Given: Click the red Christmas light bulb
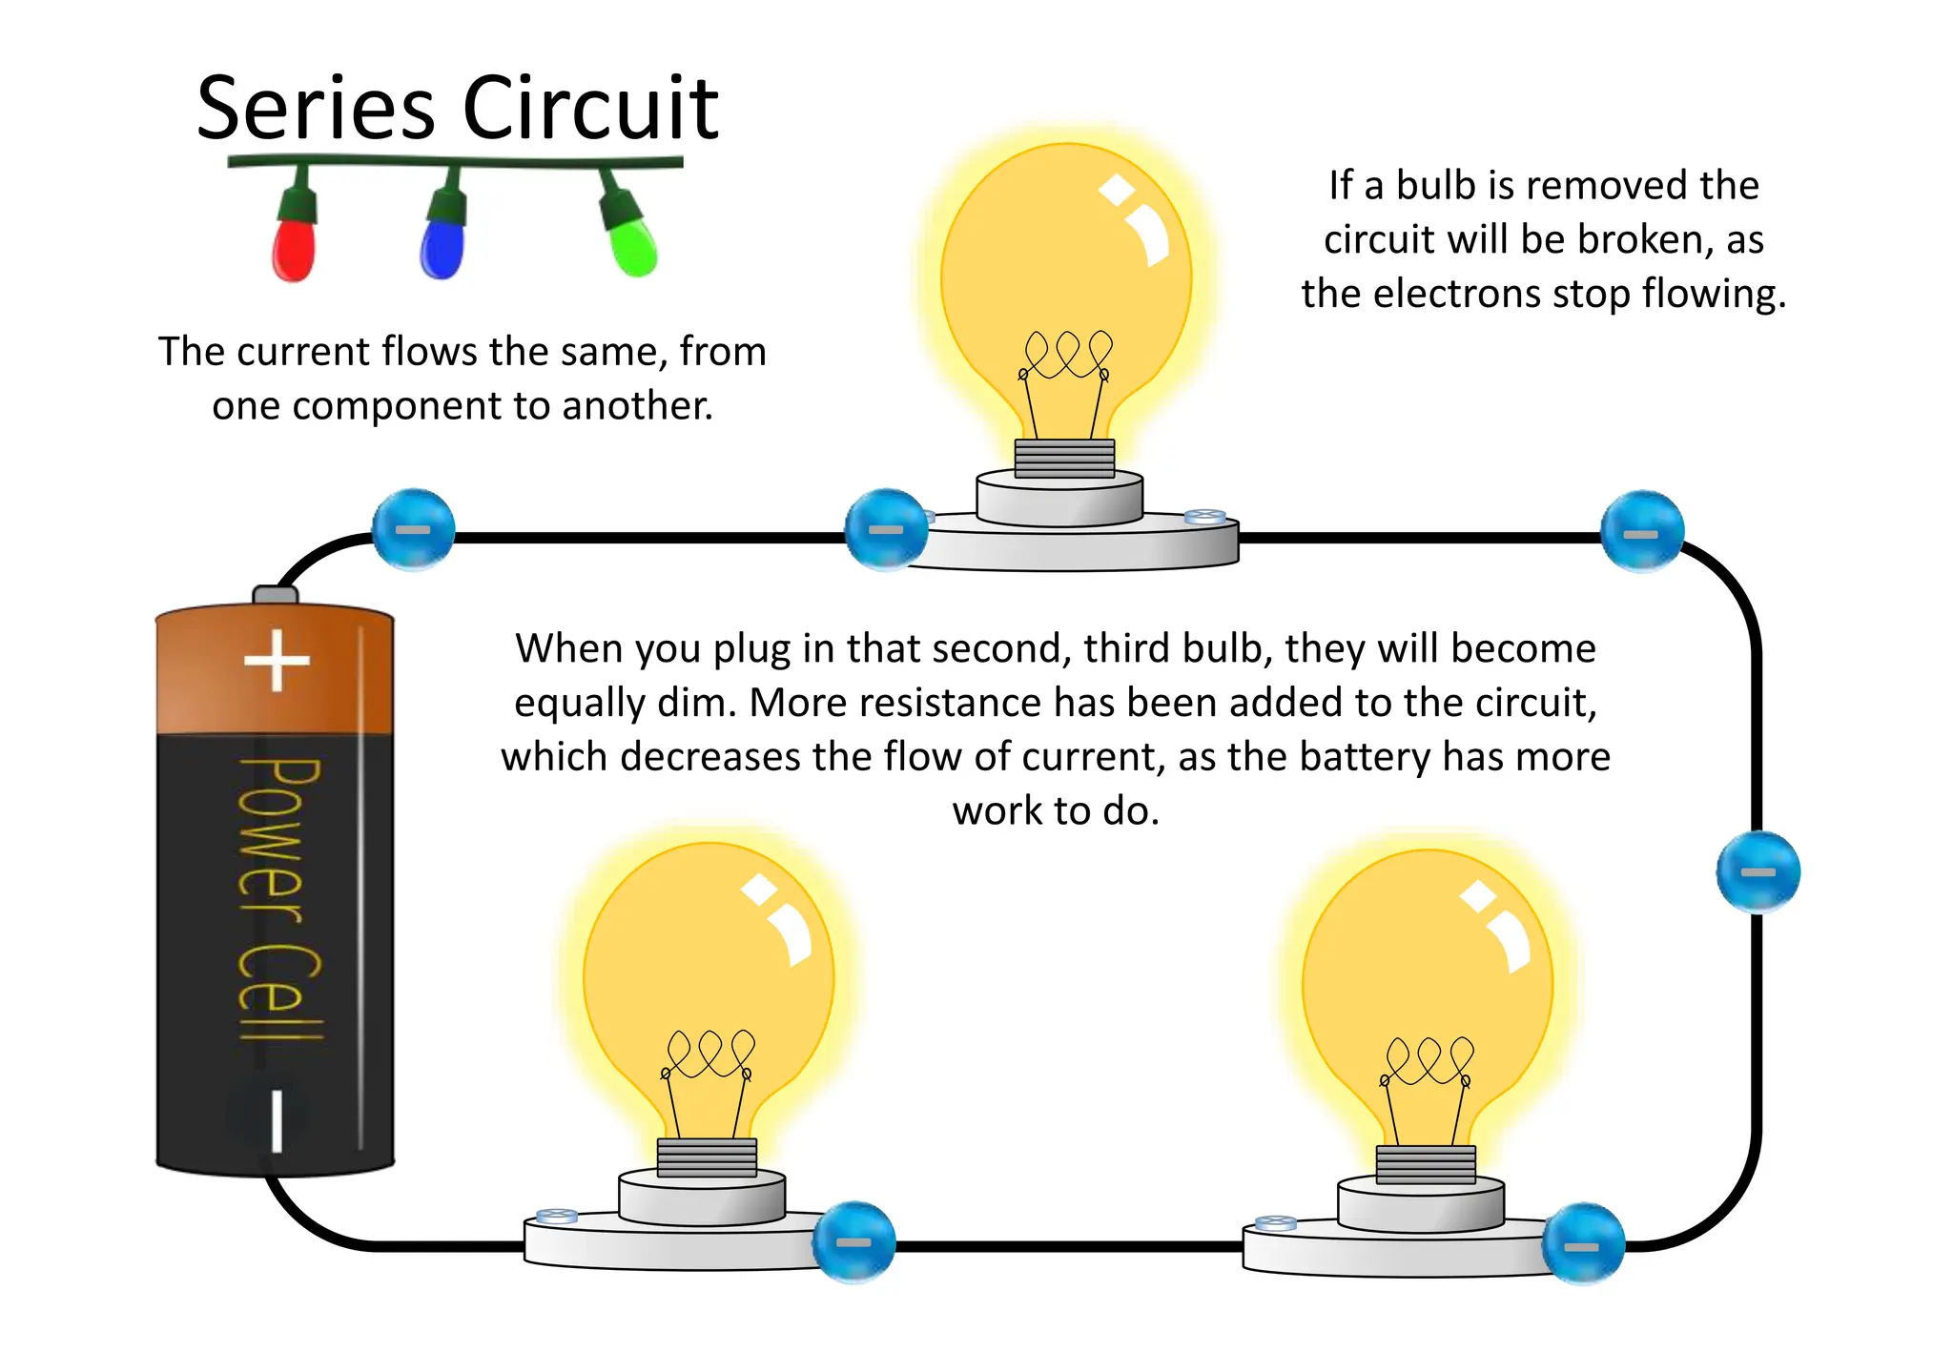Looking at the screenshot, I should click(294, 250).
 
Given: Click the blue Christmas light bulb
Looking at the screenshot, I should click(442, 248).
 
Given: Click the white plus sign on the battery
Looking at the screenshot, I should click(277, 660).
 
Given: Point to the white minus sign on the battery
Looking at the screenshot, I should click(277, 1120).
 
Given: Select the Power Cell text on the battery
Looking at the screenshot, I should click(278, 896).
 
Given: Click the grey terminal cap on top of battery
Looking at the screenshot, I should click(275, 595).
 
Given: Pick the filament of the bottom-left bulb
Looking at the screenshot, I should click(709, 1055).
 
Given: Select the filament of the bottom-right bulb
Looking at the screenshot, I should click(1428, 1063).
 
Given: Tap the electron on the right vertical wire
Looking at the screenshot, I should click(1758, 871).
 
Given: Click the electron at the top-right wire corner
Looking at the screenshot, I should click(1641, 531).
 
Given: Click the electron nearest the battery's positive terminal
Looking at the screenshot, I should click(413, 529).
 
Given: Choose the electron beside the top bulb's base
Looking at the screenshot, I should click(886, 529).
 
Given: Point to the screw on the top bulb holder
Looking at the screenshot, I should click(1203, 517).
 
